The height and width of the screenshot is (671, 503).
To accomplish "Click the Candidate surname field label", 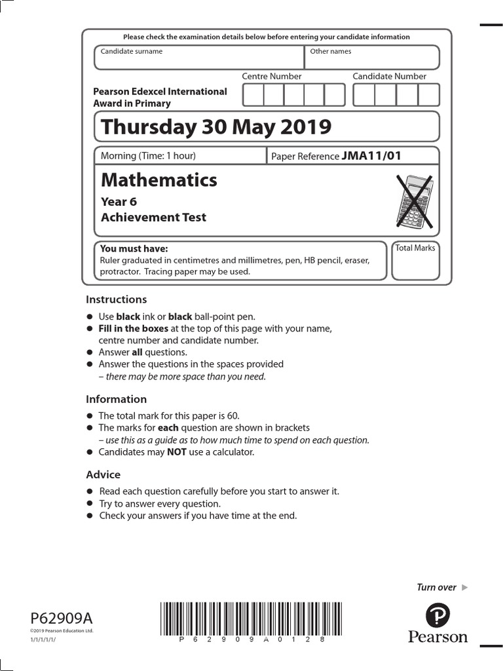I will tap(132, 51).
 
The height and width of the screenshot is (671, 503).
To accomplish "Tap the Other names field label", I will tap(330, 51).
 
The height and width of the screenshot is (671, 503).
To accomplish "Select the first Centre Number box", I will tap(253, 95).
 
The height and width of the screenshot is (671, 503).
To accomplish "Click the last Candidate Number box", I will tap(428, 95).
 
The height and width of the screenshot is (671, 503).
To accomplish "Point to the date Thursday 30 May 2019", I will tap(216, 126).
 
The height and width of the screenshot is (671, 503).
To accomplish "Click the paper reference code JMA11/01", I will tap(371, 155).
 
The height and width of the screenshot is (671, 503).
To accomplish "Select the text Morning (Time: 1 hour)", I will tap(148, 155).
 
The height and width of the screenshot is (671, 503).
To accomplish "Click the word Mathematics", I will tap(159, 180).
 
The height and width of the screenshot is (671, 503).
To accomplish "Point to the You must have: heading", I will tap(134, 248).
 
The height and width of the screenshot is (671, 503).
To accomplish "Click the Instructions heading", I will tap(117, 299).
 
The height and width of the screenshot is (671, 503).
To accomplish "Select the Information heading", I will tap(117, 399).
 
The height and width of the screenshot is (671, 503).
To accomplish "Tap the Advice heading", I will tap(103, 474).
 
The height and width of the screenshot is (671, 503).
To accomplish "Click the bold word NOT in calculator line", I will tap(177, 452).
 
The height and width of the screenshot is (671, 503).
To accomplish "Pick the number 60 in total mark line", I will tap(234, 415).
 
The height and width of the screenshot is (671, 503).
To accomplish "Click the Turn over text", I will tap(437, 587).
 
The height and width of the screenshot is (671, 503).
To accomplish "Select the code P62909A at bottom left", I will tap(62, 618).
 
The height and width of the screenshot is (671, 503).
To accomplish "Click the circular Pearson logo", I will tap(438, 615).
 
